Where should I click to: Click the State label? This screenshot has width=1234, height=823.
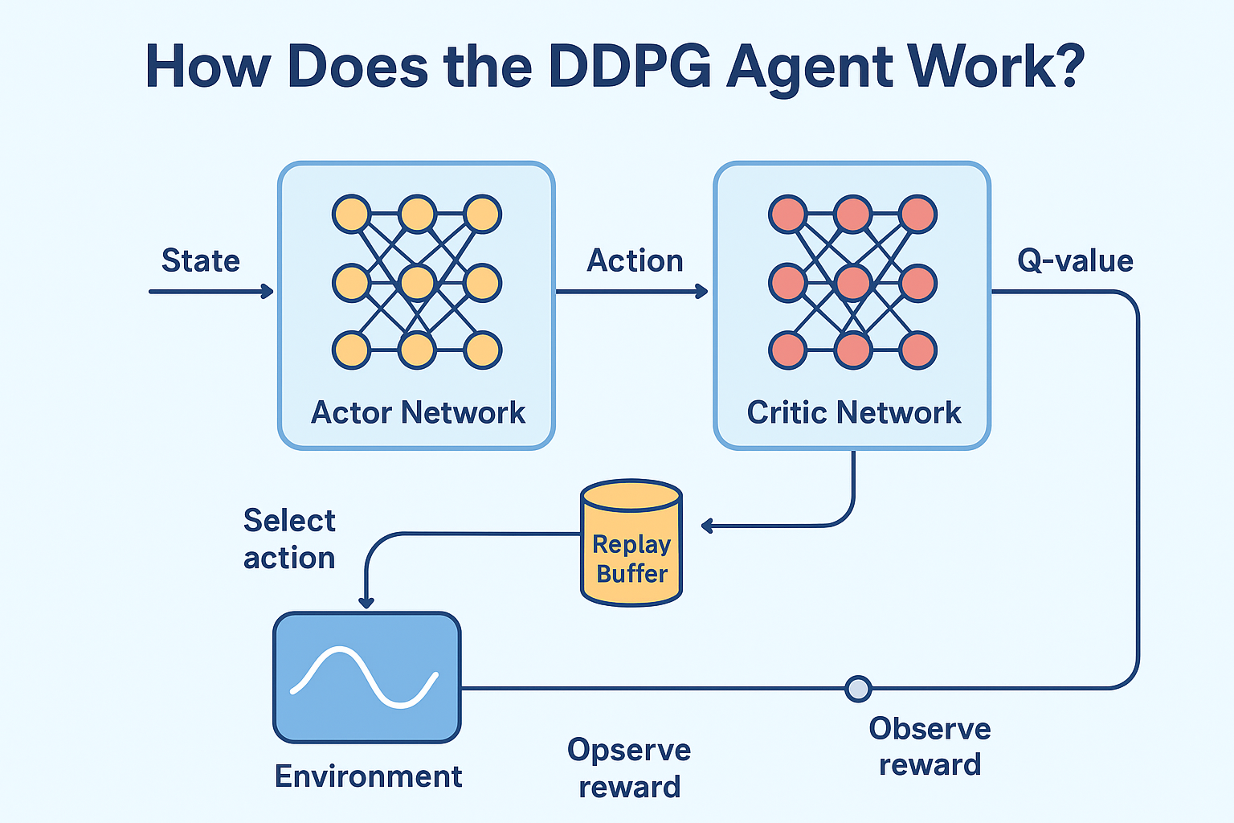click(200, 260)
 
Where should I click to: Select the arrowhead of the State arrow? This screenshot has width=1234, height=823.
click(268, 292)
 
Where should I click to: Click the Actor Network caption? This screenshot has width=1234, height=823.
click(418, 412)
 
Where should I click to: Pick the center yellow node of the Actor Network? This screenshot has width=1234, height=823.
click(417, 283)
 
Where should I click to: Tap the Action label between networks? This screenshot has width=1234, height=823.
click(635, 260)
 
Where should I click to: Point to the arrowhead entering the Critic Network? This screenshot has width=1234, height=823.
click(703, 292)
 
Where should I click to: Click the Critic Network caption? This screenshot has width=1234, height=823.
click(853, 412)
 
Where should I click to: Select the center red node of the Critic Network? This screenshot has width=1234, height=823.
click(852, 283)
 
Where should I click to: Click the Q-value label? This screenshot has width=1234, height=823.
click(1075, 260)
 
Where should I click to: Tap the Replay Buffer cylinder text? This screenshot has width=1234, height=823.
click(632, 559)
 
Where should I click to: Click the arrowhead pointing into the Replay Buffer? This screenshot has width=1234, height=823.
click(706, 526)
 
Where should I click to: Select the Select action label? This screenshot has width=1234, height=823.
click(289, 538)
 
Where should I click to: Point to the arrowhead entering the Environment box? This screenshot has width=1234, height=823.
click(366, 603)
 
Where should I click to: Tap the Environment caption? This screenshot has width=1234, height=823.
click(368, 776)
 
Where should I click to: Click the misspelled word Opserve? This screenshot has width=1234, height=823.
click(629, 750)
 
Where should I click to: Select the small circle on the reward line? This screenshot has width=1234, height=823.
click(858, 689)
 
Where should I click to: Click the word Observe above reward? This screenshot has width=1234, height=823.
click(930, 729)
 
